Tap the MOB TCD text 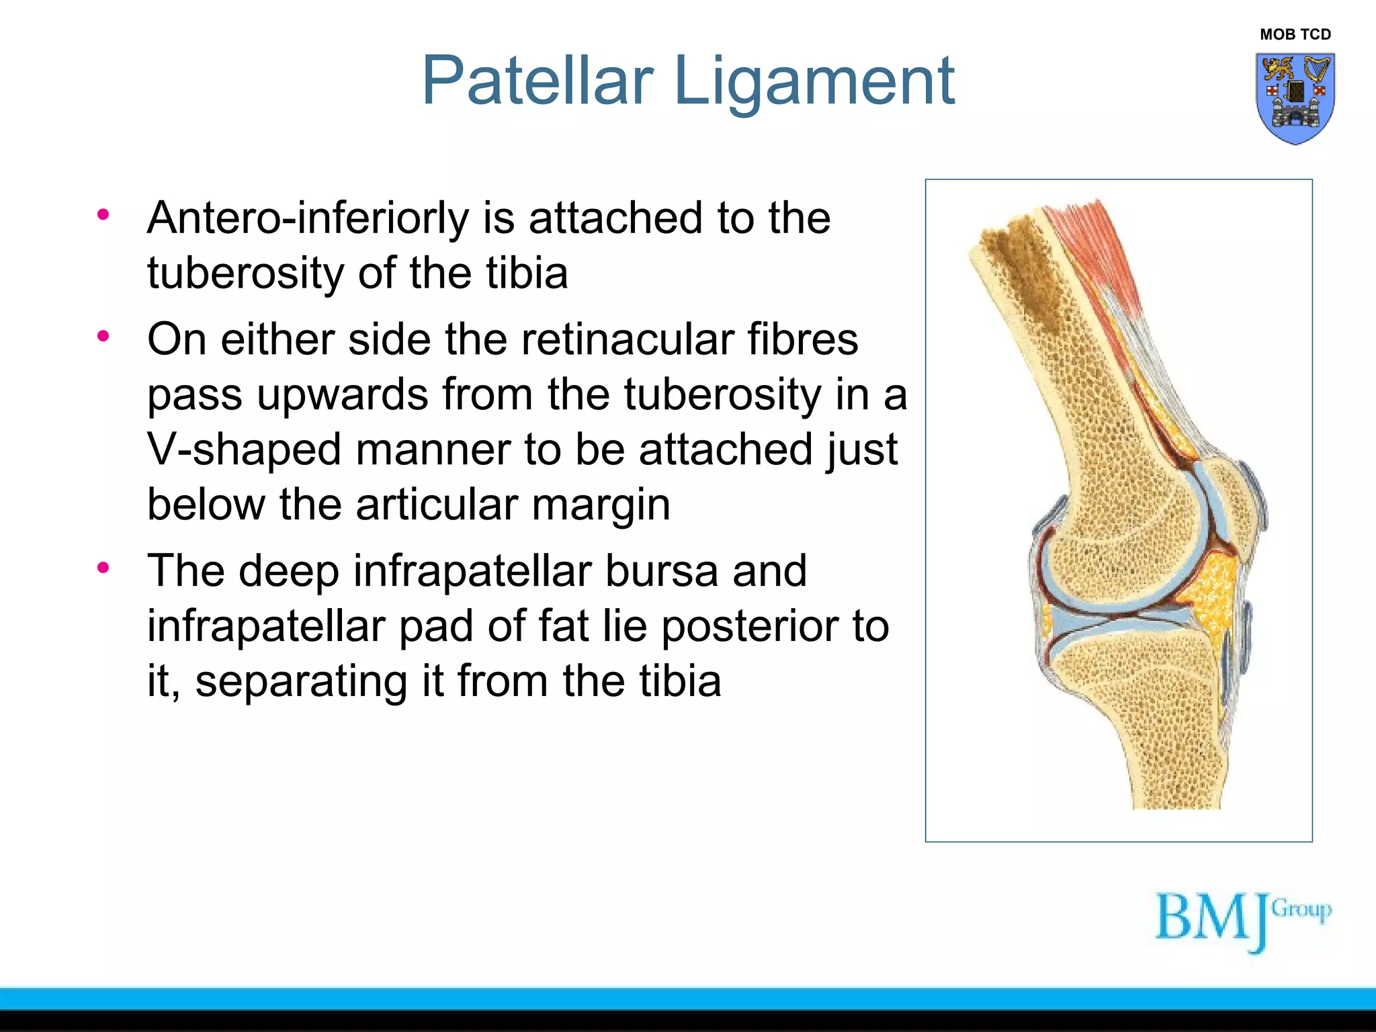pos(1295,34)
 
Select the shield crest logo pos(1295,98)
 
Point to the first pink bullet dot pos(103,215)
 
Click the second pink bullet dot pos(103,336)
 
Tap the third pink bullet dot pos(103,568)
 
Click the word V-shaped pos(244,450)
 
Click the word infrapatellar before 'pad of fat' pos(265,627)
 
